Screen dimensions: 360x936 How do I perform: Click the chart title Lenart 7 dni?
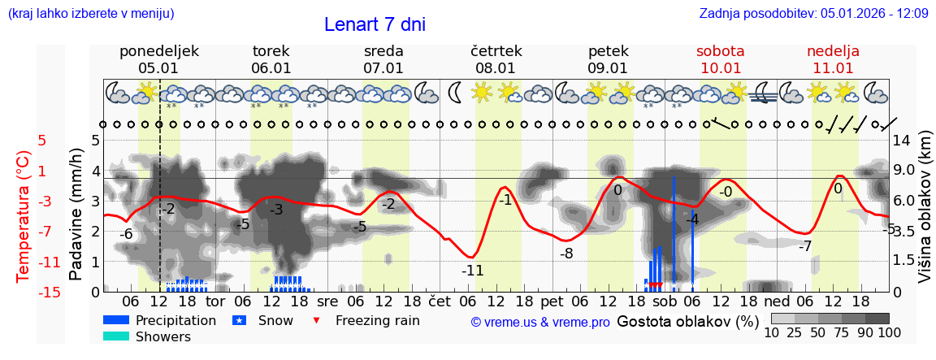pyautogui.click(x=375, y=24)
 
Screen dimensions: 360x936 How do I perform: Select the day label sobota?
pyautogui.click(x=720, y=51)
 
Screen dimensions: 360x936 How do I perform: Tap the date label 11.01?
pyautogui.click(x=833, y=68)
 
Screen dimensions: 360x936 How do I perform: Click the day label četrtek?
pyautogui.click(x=496, y=51)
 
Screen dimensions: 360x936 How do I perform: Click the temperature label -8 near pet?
pyautogui.click(x=566, y=253)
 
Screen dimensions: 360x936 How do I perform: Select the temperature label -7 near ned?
pyautogui.click(x=804, y=246)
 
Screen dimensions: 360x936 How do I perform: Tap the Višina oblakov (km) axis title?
pyautogui.click(x=925, y=209)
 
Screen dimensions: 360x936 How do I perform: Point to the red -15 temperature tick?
pyautogui.click(x=50, y=292)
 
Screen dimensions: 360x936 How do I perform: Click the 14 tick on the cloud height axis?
pyautogui.click(x=901, y=140)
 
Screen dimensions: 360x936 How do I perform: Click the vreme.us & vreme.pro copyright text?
pyautogui.click(x=540, y=323)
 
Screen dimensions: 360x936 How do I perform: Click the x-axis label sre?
pyautogui.click(x=327, y=301)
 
